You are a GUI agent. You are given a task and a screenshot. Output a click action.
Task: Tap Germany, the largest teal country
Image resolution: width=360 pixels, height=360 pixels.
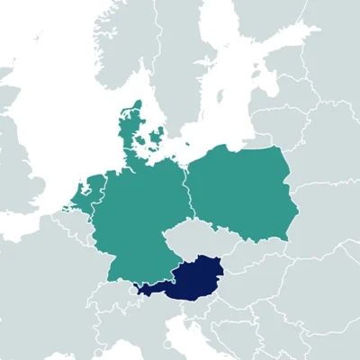(x=144, y=216)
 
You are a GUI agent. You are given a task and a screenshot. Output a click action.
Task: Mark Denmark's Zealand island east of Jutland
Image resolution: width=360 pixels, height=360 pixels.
(x=160, y=139)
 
